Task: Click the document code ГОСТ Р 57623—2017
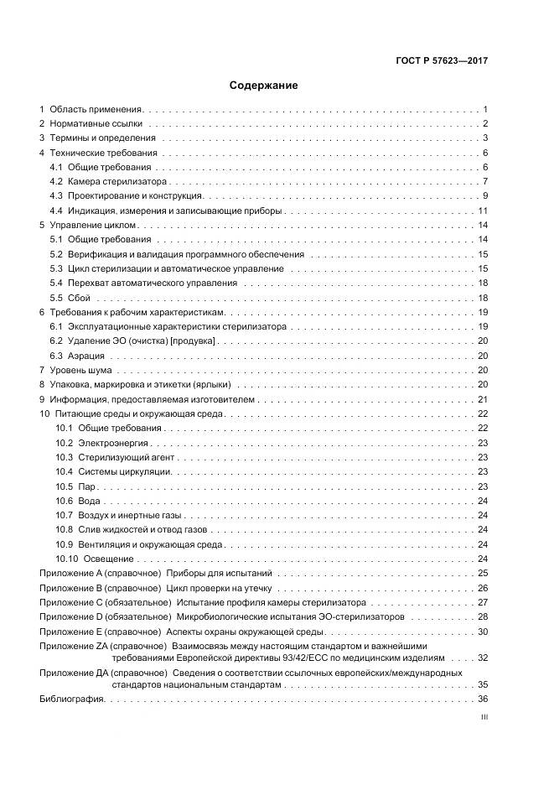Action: (x=443, y=60)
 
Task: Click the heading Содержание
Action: (x=262, y=86)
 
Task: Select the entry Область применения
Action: (x=96, y=110)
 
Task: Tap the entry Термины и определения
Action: (x=102, y=138)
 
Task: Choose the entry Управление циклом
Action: (x=93, y=226)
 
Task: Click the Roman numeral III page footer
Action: (x=484, y=719)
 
